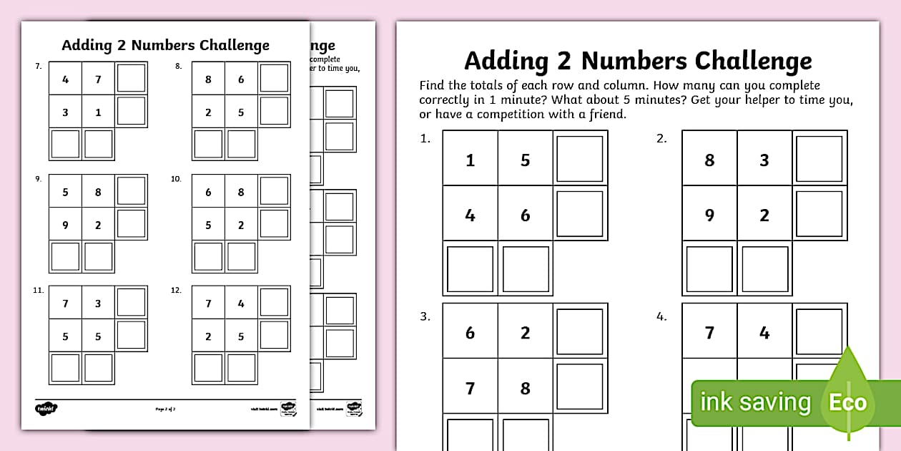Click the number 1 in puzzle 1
click(x=470, y=160)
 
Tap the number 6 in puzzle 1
click(x=525, y=215)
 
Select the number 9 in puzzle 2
click(x=709, y=215)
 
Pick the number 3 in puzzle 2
click(x=764, y=160)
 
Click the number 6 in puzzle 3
click(x=470, y=333)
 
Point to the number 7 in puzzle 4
click(x=709, y=333)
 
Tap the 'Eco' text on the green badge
click(x=847, y=402)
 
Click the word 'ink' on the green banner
click(x=717, y=402)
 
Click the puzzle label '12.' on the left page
click(x=176, y=290)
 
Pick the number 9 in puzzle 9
click(x=65, y=225)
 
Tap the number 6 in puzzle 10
click(x=208, y=192)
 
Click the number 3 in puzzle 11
click(x=98, y=304)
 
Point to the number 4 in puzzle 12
click(x=241, y=304)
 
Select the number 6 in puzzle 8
click(x=241, y=79)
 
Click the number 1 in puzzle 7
click(x=98, y=112)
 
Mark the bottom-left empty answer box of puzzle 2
click(x=709, y=269)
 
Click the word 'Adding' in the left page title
click(x=87, y=45)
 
